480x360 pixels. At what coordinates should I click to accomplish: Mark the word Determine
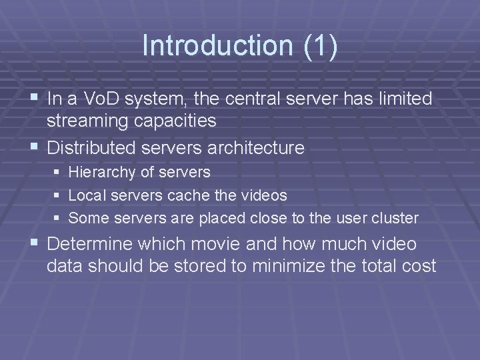[93, 244]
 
